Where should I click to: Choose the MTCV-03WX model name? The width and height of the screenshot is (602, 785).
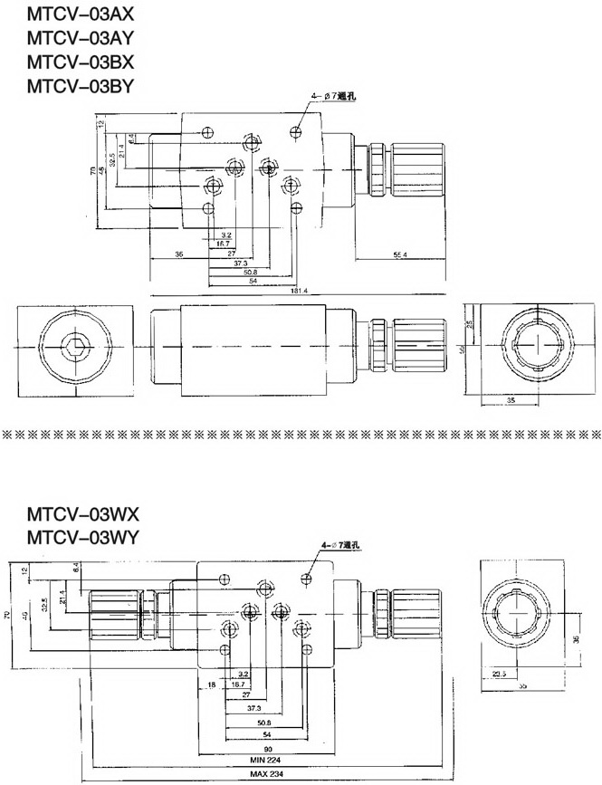(83, 513)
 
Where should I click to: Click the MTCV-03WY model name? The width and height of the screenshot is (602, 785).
(83, 538)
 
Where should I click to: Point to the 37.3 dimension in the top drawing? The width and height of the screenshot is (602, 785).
(241, 263)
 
